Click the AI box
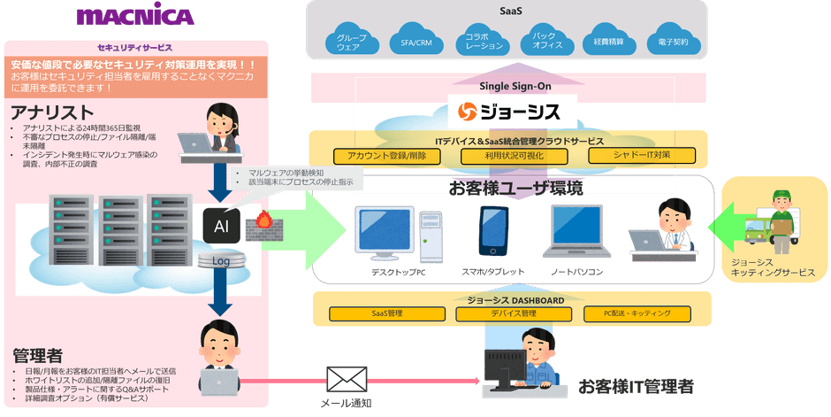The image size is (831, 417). click(x=222, y=226)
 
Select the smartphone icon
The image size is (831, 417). click(x=492, y=231)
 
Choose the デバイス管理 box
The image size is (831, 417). click(x=514, y=313)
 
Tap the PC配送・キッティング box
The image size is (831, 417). click(x=638, y=313)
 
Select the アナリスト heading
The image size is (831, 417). click(x=52, y=113)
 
